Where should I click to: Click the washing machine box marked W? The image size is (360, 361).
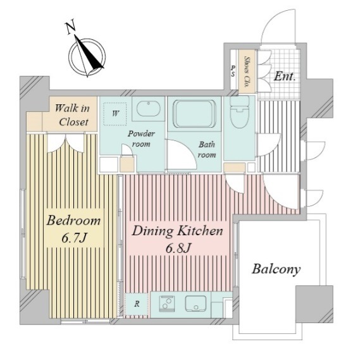click(115, 114)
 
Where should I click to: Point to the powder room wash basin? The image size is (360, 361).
click(148, 109)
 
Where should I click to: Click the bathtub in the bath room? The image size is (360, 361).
click(195, 114)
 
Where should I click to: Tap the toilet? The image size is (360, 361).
click(240, 112)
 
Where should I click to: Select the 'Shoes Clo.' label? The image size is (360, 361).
click(247, 71)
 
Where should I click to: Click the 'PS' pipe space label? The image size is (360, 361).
click(233, 71)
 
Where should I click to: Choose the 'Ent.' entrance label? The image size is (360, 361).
click(285, 76)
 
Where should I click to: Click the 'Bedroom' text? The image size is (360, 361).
click(73, 220)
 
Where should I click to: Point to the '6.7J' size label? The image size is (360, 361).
click(74, 238)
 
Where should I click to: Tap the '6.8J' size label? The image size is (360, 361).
click(178, 248)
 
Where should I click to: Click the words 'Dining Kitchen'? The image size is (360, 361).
click(177, 231)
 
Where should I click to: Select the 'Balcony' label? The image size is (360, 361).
click(276, 269)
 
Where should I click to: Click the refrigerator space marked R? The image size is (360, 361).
click(137, 304)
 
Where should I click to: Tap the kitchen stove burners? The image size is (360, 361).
click(166, 303)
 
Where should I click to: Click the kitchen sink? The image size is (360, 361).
click(196, 303)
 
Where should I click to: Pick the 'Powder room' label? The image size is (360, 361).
click(141, 139)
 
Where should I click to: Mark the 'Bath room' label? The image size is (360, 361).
click(207, 150)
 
